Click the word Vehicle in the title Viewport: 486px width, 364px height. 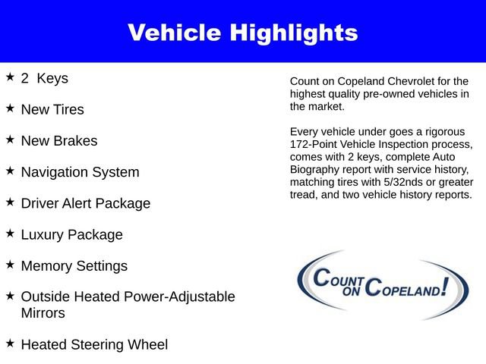pyautogui.click(x=172, y=33)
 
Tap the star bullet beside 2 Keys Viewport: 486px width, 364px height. pyautogui.click(x=10, y=77)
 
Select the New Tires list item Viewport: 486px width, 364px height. pyautogui.click(x=52, y=109)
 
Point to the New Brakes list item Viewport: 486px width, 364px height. pyautogui.click(x=59, y=141)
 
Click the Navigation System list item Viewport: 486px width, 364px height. pyautogui.click(x=80, y=172)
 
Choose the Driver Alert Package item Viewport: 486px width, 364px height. pyautogui.click(x=85, y=203)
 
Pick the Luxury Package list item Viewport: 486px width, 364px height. pyautogui.click(x=71, y=235)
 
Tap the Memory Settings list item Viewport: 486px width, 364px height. pyautogui.click(x=74, y=266)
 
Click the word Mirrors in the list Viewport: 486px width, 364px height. pyautogui.click(x=43, y=312)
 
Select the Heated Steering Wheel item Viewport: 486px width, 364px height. pyautogui.click(x=94, y=344)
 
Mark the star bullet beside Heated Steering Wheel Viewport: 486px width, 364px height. pyautogui.click(x=10, y=344)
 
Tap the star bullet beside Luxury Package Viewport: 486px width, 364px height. pyautogui.click(x=10, y=234)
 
